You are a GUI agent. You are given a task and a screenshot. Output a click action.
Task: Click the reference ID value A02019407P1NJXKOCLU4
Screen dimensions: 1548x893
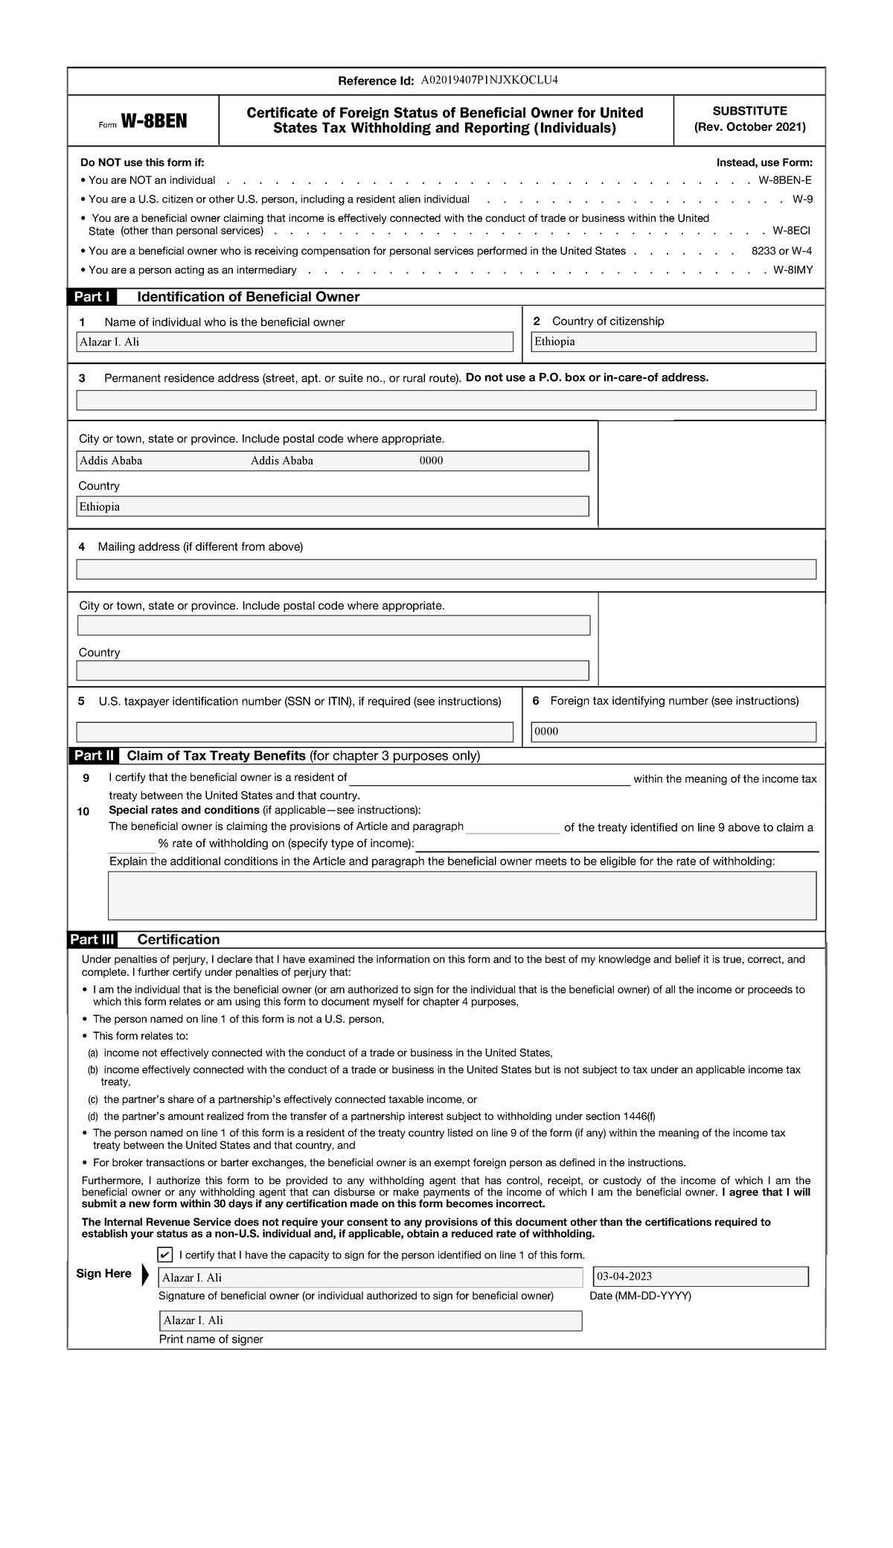coord(489,80)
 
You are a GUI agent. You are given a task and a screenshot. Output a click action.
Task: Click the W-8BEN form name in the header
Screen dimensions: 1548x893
coord(154,121)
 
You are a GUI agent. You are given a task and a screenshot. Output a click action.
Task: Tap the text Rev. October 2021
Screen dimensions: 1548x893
coord(749,127)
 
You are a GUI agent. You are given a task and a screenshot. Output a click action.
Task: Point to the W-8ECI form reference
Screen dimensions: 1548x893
coord(791,231)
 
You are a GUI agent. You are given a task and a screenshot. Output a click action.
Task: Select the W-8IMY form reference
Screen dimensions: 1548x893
coord(793,270)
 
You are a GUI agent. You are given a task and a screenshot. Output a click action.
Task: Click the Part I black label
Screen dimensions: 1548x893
coord(92,297)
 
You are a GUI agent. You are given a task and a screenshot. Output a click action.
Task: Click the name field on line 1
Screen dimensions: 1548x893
coord(295,342)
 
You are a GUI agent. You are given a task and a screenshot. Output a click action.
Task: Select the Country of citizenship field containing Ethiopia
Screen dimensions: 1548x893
coord(673,342)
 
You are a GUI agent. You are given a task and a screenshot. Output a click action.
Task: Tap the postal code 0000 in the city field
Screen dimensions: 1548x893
coord(431,461)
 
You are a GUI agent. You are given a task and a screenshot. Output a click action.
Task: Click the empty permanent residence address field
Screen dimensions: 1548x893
coord(446,400)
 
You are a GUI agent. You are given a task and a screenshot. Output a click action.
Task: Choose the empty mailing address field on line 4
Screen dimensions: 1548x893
coord(446,569)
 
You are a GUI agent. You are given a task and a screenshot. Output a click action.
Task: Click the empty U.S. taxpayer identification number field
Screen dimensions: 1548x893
coord(295,732)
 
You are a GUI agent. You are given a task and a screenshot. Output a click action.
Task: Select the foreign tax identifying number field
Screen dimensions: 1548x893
coord(673,732)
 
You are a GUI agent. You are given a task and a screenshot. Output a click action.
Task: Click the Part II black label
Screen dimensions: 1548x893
coord(94,756)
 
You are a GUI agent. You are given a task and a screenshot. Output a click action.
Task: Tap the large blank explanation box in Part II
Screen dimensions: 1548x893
coord(461,895)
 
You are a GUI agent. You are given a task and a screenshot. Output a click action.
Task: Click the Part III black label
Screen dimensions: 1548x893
coord(92,939)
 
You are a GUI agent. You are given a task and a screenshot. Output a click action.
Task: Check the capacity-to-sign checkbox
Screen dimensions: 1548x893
coord(165,1255)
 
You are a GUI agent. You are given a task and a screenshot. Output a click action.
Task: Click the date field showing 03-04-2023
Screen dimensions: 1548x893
coord(700,1277)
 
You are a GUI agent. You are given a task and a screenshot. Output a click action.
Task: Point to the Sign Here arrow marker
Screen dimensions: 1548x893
coord(145,1274)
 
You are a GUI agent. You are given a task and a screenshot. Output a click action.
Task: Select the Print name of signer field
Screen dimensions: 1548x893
coord(371,1320)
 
